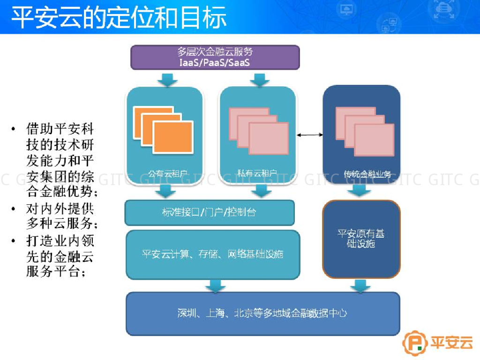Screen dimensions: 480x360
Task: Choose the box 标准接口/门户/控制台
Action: (209, 212)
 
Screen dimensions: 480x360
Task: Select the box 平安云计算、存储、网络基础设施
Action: (212, 255)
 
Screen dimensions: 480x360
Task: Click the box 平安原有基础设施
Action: (361, 239)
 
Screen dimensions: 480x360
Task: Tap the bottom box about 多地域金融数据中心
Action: (262, 313)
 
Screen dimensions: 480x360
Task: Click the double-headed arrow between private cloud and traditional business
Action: (310, 135)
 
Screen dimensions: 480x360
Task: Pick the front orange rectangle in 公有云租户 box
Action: (173, 137)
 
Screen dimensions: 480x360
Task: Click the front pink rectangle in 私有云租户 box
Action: (269, 138)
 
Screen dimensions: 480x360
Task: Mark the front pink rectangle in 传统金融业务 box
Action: (374, 140)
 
